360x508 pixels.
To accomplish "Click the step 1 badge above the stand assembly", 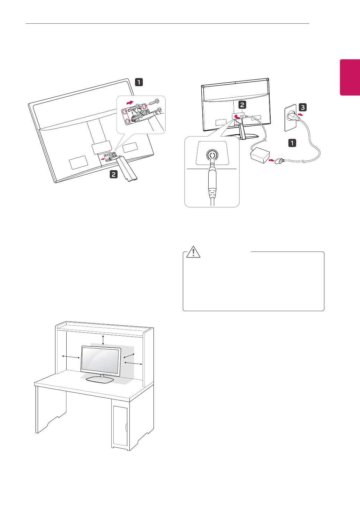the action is click(x=139, y=82).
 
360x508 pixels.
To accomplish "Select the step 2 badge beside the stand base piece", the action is click(x=114, y=174).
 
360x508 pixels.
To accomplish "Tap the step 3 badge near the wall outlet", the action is click(x=302, y=107).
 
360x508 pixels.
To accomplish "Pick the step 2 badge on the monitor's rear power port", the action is click(x=242, y=104).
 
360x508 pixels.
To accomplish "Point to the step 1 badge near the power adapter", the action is click(x=292, y=143).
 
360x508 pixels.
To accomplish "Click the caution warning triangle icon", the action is click(x=193, y=252).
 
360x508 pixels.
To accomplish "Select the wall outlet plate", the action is click(x=290, y=119).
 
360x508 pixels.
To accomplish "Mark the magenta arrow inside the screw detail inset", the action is click(x=129, y=103).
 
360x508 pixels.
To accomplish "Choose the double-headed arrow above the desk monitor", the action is click(x=103, y=340).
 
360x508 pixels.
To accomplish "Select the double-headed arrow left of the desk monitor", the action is click(x=71, y=356).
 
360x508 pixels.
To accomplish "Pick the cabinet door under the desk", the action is click(x=120, y=426).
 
